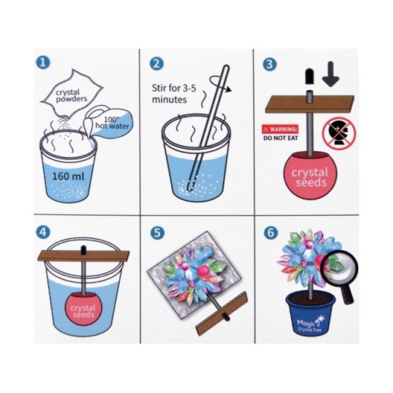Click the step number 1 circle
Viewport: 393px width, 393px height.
[43, 62]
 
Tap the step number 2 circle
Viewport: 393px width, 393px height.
[156, 64]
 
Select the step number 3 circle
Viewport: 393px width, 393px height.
[270, 64]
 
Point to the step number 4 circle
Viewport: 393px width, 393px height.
[43, 232]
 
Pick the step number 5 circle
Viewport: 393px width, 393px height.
[157, 233]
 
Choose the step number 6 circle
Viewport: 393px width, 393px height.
[271, 233]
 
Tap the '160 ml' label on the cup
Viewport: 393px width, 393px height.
[68, 176]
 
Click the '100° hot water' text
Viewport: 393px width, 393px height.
[112, 123]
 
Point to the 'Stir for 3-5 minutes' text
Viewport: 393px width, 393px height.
[173, 94]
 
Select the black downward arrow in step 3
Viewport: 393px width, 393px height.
[331, 74]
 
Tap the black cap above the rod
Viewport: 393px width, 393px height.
[309, 76]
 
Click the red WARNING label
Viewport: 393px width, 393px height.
[280, 129]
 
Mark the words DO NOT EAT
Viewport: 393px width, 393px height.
[281, 138]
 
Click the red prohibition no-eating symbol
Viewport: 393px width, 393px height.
[339, 133]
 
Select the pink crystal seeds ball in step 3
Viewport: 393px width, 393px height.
[310, 176]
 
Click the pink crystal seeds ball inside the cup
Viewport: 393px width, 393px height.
[84, 309]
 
